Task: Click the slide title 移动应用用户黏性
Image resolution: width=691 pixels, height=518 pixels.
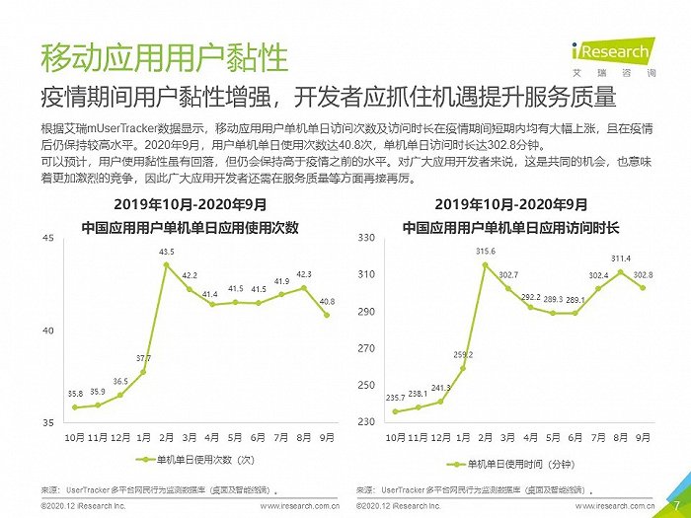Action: click(164, 57)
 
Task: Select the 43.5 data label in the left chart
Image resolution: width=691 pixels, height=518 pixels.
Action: click(167, 253)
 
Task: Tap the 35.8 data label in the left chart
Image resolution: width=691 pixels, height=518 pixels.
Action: click(74, 395)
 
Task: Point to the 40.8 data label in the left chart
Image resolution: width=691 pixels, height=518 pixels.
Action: click(327, 302)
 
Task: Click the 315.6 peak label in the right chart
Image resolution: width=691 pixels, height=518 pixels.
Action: click(486, 253)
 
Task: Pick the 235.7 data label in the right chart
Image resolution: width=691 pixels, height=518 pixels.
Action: click(395, 399)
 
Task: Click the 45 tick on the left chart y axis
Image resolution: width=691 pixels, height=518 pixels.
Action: click(48, 239)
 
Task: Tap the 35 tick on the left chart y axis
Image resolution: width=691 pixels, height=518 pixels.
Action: click(48, 422)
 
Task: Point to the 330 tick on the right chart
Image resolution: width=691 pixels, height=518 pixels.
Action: click(366, 239)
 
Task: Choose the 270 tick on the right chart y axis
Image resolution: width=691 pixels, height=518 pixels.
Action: click(366, 348)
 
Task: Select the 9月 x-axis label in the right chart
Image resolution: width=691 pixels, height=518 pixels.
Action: click(644, 435)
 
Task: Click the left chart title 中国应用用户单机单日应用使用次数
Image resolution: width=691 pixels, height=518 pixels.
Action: click(190, 228)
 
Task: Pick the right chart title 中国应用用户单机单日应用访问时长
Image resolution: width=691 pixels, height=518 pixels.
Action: click(510, 228)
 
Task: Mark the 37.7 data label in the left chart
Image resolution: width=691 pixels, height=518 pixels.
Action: click(143, 358)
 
